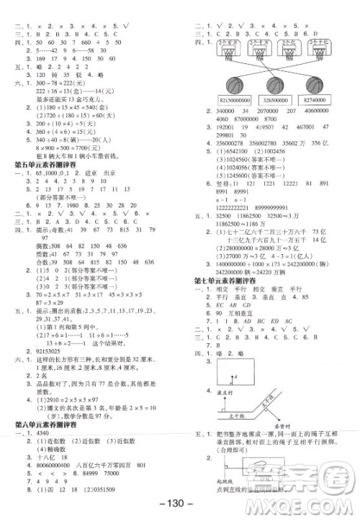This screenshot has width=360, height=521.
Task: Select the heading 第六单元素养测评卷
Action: point(48,425)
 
